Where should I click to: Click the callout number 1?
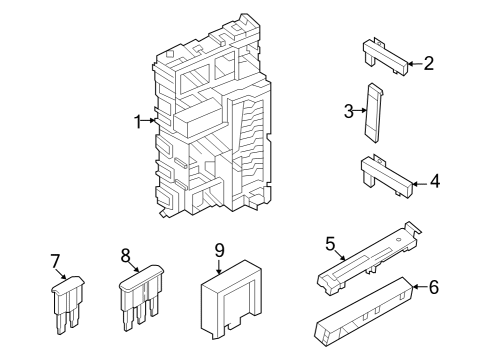138,121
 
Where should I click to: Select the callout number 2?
428,64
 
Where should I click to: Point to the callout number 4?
433,182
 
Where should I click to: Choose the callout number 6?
433,287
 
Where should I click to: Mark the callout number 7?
55,262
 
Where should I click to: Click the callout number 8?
127,256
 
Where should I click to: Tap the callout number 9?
219,249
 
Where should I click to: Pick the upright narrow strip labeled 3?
375,112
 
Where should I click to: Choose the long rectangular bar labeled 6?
365,311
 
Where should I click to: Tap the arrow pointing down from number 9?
219,266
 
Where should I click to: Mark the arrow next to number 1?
151,121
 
